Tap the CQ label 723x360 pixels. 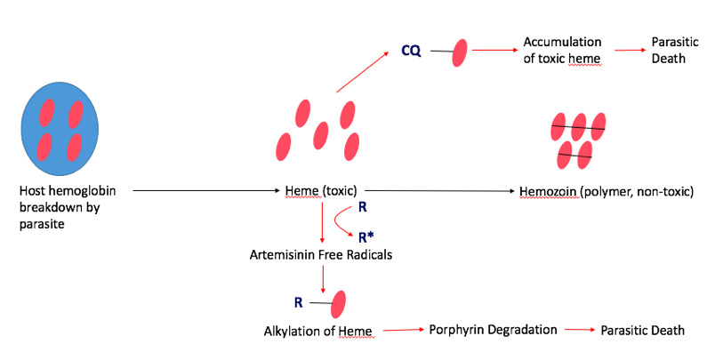pos(411,51)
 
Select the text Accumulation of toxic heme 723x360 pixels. pos(562,51)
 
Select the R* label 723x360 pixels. pos(365,236)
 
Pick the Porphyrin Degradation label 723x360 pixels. pos(493,330)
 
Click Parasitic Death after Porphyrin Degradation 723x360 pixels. pos(643,330)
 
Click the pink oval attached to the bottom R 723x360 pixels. pos(338,303)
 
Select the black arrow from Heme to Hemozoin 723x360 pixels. pos(440,190)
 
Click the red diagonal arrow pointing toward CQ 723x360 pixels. pos(363,72)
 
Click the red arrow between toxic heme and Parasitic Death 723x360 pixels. pos(626,51)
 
